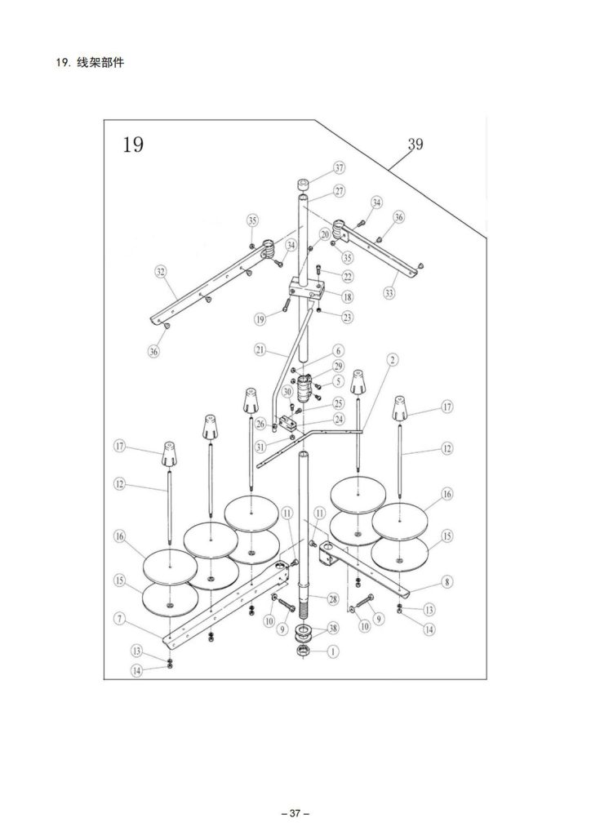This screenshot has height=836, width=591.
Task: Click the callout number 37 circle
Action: [340, 168]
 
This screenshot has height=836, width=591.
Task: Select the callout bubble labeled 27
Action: [340, 191]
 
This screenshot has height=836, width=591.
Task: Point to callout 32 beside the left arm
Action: [161, 272]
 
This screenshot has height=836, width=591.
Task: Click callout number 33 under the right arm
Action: [389, 293]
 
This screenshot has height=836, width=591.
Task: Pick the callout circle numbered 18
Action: [348, 297]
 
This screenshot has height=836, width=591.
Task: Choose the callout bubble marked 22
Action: [348, 276]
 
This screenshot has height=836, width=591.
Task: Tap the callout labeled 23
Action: [348, 318]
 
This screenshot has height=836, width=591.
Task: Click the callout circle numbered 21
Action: [260, 349]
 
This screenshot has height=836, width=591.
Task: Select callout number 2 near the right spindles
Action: [392, 360]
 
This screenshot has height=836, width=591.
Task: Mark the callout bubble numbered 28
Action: [332, 599]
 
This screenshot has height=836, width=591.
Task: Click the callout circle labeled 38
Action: [333, 629]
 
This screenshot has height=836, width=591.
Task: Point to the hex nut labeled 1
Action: [303, 651]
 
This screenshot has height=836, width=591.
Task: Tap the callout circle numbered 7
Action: [121, 619]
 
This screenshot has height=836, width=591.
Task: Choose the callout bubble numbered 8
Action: [447, 581]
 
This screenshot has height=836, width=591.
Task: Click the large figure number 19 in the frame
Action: [133, 145]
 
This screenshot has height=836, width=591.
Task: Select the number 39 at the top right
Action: [415, 144]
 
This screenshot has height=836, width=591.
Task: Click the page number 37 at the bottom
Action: [295, 814]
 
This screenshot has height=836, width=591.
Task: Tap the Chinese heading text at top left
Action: [100, 62]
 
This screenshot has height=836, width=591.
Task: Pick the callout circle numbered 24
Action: [339, 419]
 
